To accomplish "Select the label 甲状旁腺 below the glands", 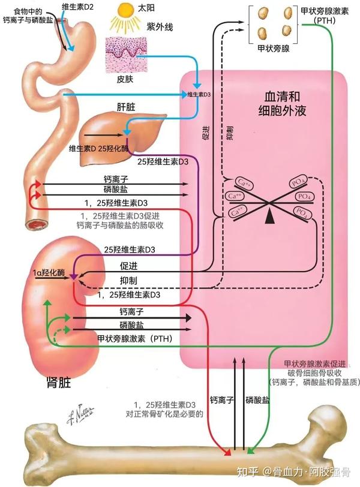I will [273, 49].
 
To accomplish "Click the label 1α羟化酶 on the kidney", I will [49, 272].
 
